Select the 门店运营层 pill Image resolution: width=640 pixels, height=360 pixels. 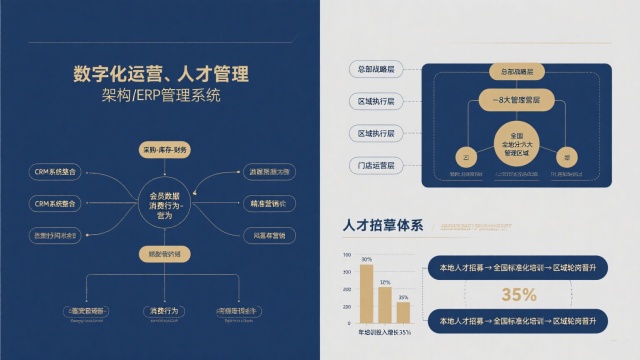point(376,164)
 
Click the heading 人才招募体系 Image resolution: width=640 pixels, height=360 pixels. point(383,225)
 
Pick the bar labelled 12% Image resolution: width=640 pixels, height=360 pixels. point(385,300)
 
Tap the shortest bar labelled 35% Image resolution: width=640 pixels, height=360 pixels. point(403,306)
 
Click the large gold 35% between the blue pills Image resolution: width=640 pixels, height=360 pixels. point(519,294)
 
